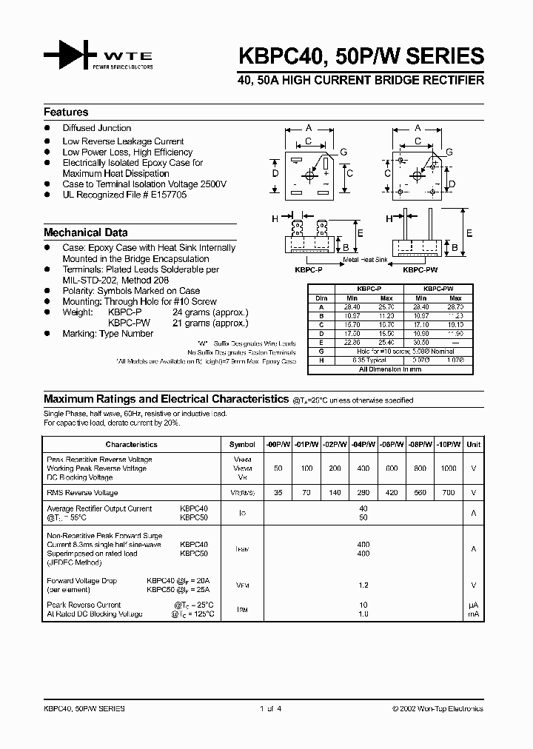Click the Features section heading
click(x=66, y=112)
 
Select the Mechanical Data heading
click(x=85, y=232)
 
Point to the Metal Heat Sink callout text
click(x=365, y=261)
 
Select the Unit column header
click(x=473, y=445)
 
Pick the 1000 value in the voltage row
click(x=449, y=469)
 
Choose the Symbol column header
click(x=242, y=445)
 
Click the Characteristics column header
click(x=132, y=445)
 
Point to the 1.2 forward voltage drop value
click(x=363, y=585)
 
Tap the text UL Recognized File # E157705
click(x=124, y=195)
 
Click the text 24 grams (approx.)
click(x=210, y=312)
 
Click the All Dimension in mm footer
click(x=389, y=368)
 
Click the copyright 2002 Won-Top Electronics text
click(x=438, y=709)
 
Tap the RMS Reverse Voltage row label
click(x=82, y=492)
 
